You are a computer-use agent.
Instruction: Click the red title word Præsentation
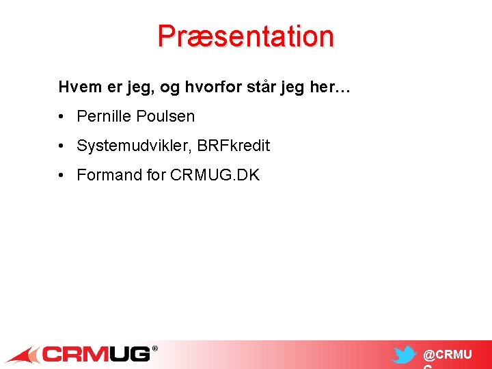pos(245,36)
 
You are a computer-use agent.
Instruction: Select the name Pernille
pos(105,116)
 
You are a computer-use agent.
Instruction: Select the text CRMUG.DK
pos(215,175)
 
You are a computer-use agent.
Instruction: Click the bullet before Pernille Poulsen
pos(62,116)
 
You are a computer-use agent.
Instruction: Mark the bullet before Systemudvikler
pos(62,146)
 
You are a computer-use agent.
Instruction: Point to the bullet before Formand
pos(62,175)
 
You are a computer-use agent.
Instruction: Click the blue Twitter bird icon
pos(405,355)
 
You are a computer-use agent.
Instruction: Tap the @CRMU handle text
pos(447,355)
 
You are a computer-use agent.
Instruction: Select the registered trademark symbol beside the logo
pos(154,348)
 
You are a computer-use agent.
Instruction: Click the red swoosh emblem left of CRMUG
pos(24,355)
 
